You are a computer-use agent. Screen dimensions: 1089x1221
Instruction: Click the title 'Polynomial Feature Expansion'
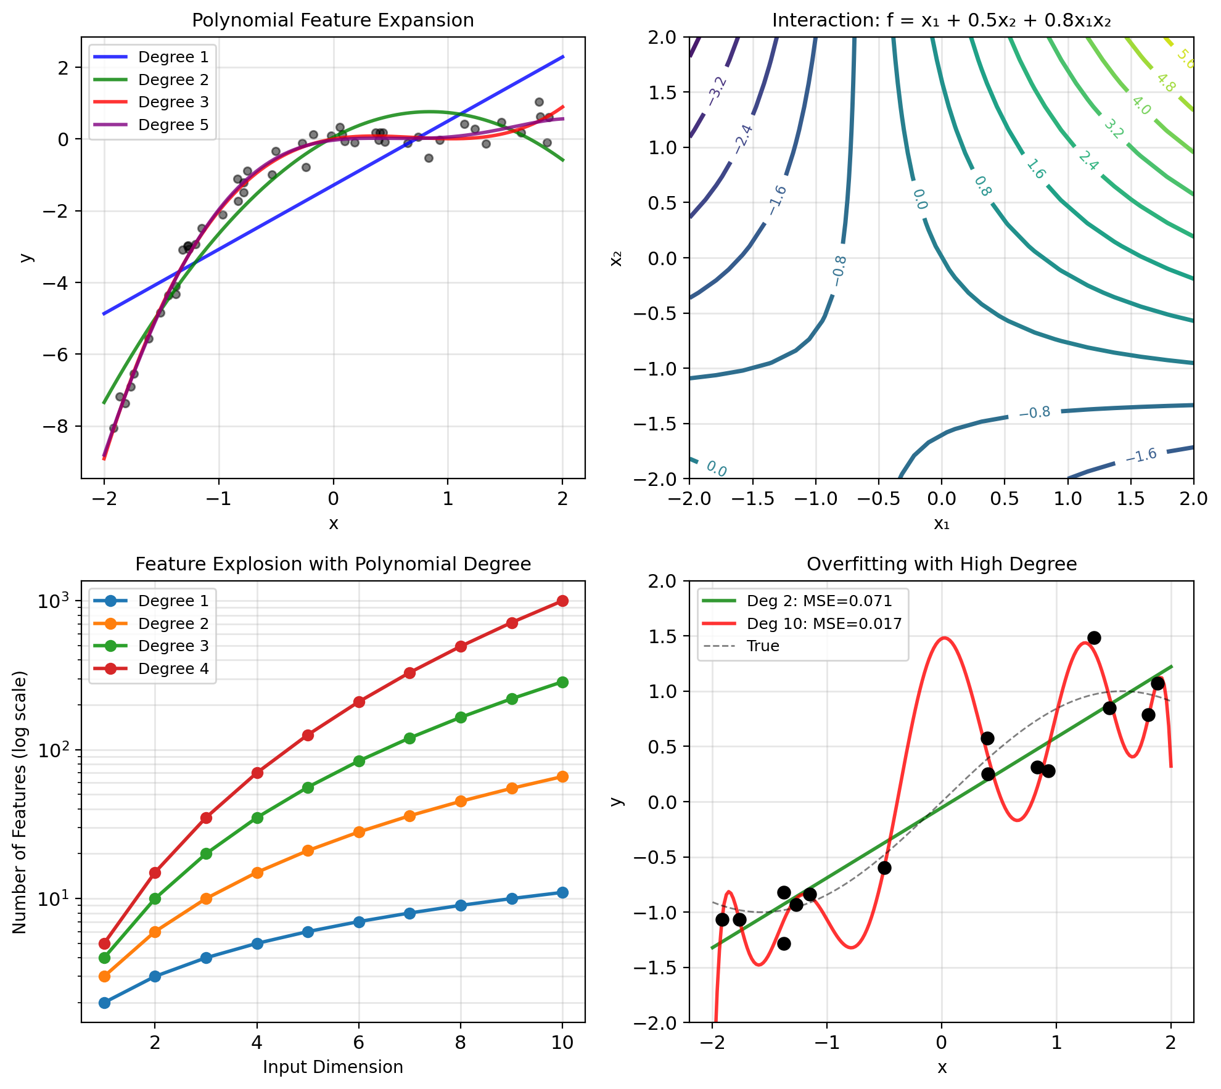pos(333,20)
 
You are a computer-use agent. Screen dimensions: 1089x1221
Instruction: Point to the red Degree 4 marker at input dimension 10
pos(562,601)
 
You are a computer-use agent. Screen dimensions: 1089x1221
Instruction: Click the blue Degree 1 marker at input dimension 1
pos(104,1003)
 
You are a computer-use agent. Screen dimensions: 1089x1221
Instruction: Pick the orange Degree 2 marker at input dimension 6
pos(359,832)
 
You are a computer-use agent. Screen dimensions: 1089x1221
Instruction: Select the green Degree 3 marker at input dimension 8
pos(461,717)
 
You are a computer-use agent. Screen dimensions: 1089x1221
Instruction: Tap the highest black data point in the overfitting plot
pos(1094,638)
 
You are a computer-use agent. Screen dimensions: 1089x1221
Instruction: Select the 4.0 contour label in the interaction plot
pos(1141,105)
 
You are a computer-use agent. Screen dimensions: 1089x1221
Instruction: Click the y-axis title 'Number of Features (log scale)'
pos(20,802)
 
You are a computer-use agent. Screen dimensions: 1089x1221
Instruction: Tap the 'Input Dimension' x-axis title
pos(333,1067)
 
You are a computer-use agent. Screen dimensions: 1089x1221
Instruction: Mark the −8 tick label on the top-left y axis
pos(60,427)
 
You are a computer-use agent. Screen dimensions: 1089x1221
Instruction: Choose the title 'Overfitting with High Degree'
pos(942,564)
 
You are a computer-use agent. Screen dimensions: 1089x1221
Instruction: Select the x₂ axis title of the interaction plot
pos(616,258)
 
